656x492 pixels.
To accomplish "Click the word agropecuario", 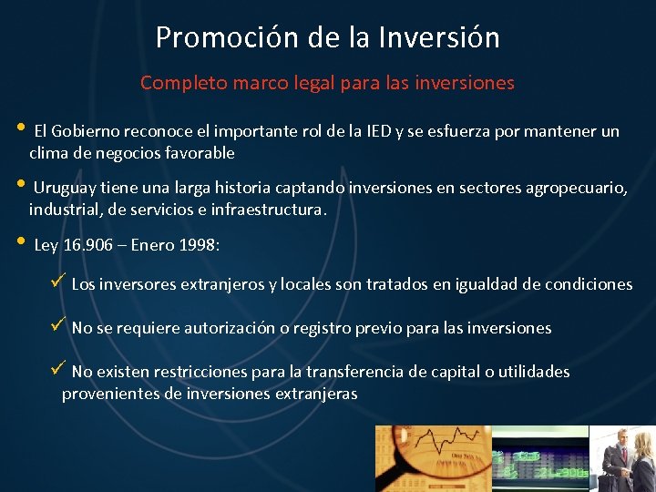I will [x=576, y=188].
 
